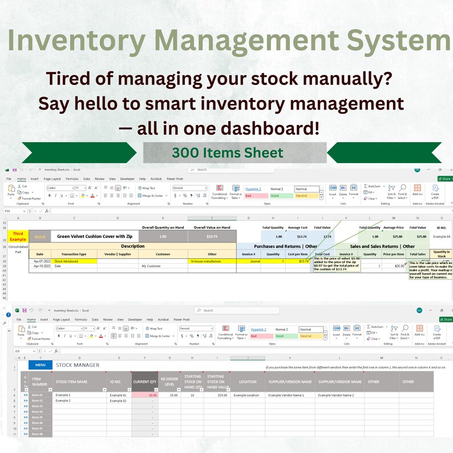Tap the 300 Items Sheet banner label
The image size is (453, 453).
pyautogui.click(x=228, y=152)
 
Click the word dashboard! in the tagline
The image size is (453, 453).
pyautogui.click(x=268, y=128)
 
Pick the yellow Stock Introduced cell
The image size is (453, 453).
pyautogui.click(x=74, y=261)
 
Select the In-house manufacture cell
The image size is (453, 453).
pyautogui.click(x=212, y=261)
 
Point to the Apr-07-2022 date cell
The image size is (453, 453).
pyautogui.click(x=39, y=261)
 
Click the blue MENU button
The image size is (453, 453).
pyautogui.click(x=40, y=365)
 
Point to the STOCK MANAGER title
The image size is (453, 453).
pyautogui.click(x=78, y=365)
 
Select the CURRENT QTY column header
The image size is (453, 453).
pyautogui.click(x=145, y=382)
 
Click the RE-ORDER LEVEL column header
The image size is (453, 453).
pyautogui.click(x=169, y=382)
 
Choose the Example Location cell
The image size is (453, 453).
pyautogui.click(x=246, y=395)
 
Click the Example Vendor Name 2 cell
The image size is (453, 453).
pyautogui.click(x=339, y=395)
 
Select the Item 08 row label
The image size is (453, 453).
pyautogui.click(x=37, y=434)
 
